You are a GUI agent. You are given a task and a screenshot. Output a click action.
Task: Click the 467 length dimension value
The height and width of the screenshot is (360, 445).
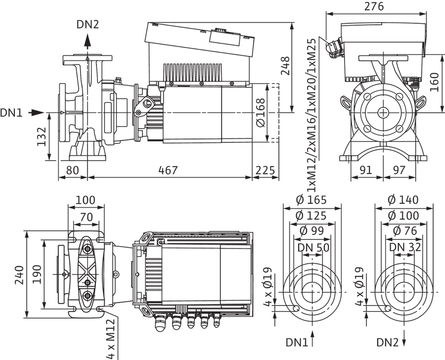(168, 170)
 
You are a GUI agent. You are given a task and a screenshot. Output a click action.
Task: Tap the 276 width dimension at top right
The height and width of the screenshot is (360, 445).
(374, 6)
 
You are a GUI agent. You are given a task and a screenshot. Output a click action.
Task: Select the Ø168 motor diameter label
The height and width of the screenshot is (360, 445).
(260, 113)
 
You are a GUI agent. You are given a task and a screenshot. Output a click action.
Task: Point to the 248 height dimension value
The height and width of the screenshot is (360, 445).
(285, 66)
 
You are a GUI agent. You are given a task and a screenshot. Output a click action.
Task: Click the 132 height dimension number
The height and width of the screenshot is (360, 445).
(42, 136)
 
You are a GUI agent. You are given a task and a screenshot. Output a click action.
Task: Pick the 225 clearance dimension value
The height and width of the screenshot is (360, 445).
(266, 170)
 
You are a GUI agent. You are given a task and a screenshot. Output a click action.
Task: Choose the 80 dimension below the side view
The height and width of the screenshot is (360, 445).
(72, 170)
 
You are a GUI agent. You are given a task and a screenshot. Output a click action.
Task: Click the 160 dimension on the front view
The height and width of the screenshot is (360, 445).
(434, 82)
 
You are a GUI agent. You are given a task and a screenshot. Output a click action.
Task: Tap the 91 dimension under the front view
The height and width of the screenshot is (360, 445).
(366, 170)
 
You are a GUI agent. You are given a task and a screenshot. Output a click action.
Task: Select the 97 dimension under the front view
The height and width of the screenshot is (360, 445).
(400, 170)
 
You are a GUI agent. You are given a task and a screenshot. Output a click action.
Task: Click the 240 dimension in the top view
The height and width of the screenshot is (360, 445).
(20, 275)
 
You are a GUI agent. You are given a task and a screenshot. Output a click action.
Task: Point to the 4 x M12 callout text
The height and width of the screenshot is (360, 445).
(110, 339)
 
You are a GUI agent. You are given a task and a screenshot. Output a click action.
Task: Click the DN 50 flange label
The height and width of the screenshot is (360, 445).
(313, 248)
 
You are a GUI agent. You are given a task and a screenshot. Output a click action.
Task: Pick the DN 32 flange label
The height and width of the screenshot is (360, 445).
(405, 247)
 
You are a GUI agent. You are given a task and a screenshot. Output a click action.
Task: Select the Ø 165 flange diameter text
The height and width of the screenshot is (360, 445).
(311, 200)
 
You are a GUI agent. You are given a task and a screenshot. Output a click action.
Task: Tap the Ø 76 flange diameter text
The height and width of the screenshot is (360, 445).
(405, 231)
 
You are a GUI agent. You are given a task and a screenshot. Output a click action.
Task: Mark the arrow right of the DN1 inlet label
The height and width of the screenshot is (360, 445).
(36, 113)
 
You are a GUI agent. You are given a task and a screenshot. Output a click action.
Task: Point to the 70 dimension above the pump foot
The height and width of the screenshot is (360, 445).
(86, 217)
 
